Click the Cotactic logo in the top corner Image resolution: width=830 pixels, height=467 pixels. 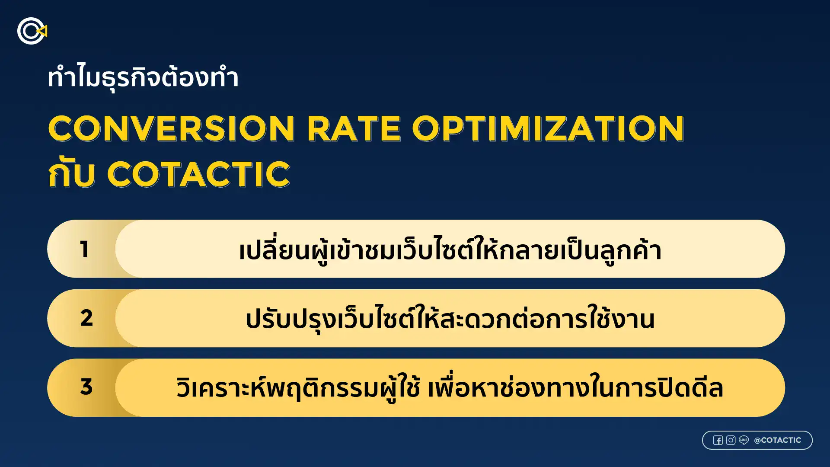tap(32, 31)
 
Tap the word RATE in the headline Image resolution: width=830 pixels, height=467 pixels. tap(354, 129)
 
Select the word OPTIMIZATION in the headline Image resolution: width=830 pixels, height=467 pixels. tap(548, 129)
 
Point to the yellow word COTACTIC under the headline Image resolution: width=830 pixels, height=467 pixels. tap(198, 174)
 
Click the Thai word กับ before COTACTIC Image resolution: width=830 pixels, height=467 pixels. tap(71, 174)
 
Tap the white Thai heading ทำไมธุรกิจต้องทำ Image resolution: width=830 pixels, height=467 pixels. tap(143, 78)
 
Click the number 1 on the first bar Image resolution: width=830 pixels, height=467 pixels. tap(84, 249)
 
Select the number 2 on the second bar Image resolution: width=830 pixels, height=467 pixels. tap(86, 318)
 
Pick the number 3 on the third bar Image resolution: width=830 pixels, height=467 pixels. tap(86, 387)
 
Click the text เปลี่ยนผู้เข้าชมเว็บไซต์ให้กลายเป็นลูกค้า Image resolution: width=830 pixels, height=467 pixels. tap(450, 250)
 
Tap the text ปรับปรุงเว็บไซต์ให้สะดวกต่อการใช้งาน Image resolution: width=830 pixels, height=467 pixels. tap(450, 319)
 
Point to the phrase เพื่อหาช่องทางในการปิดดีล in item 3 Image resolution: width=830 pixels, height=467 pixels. tap(575, 387)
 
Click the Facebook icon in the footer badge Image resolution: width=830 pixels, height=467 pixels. tap(718, 440)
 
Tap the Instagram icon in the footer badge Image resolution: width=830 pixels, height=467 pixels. tap(731, 440)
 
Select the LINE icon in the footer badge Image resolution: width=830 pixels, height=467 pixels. tap(744, 440)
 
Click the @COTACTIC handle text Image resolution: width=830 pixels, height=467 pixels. tap(777, 440)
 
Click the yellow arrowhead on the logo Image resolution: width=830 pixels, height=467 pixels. tap(43, 31)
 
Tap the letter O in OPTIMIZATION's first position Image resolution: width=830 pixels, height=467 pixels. tap(428, 129)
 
